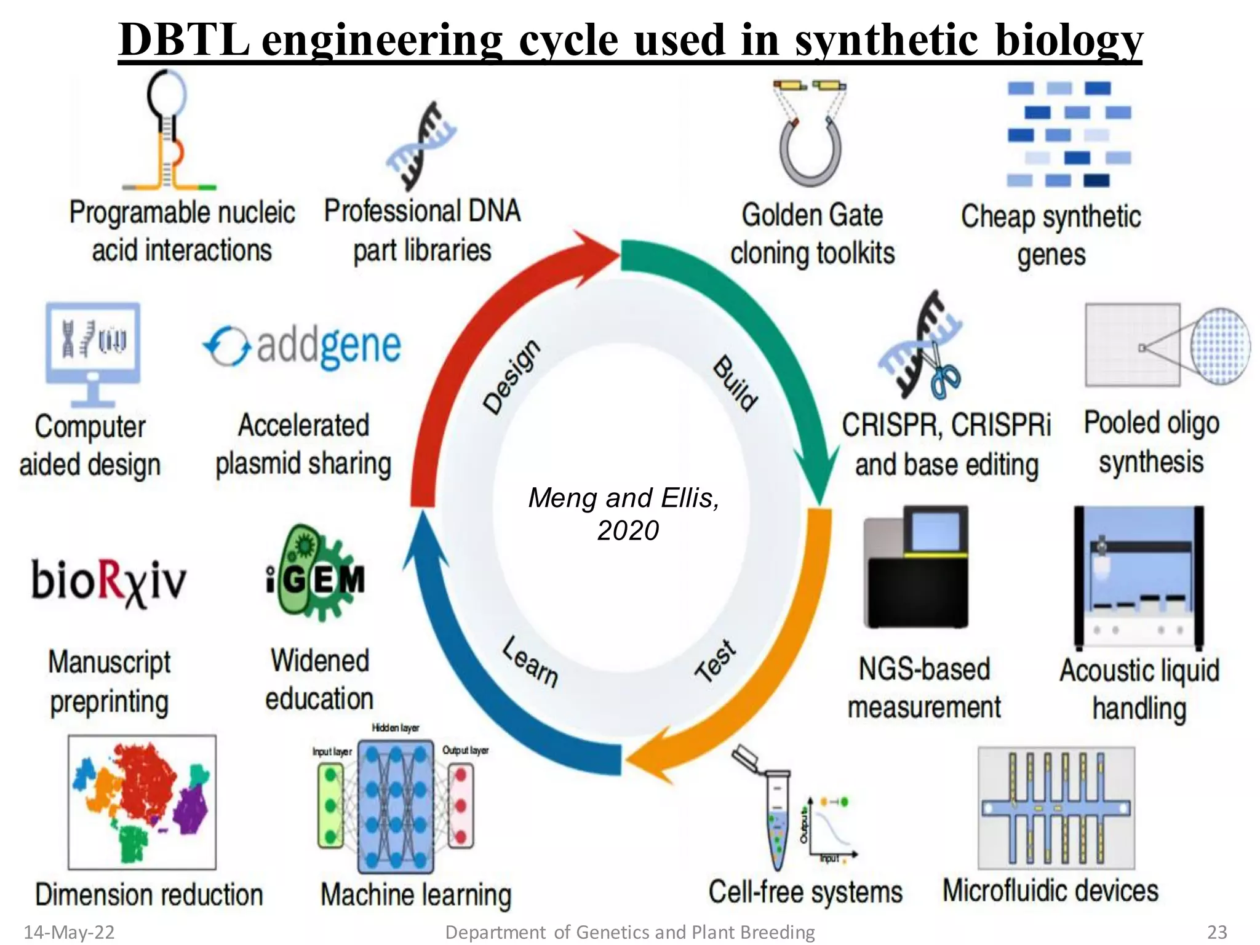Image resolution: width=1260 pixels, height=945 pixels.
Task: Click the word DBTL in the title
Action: (183, 39)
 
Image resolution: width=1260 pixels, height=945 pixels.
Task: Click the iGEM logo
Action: (316, 575)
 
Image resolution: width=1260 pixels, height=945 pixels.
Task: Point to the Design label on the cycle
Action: (512, 377)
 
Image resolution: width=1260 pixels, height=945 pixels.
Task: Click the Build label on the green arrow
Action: (735, 383)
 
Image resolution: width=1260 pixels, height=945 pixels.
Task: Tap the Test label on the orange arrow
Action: (715, 661)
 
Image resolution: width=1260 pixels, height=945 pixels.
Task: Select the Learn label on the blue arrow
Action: (530, 662)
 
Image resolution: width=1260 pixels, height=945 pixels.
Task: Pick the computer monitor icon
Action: (93, 354)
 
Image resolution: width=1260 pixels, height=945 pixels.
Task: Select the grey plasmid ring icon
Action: (810, 151)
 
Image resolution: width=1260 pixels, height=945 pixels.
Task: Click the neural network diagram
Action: (396, 807)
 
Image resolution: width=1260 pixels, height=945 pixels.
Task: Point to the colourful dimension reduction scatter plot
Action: (142, 802)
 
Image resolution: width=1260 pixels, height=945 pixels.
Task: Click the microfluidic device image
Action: (1056, 808)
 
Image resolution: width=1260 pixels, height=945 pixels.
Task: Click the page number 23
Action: (1217, 932)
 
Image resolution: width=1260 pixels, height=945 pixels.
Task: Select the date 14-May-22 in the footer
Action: (69, 932)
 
